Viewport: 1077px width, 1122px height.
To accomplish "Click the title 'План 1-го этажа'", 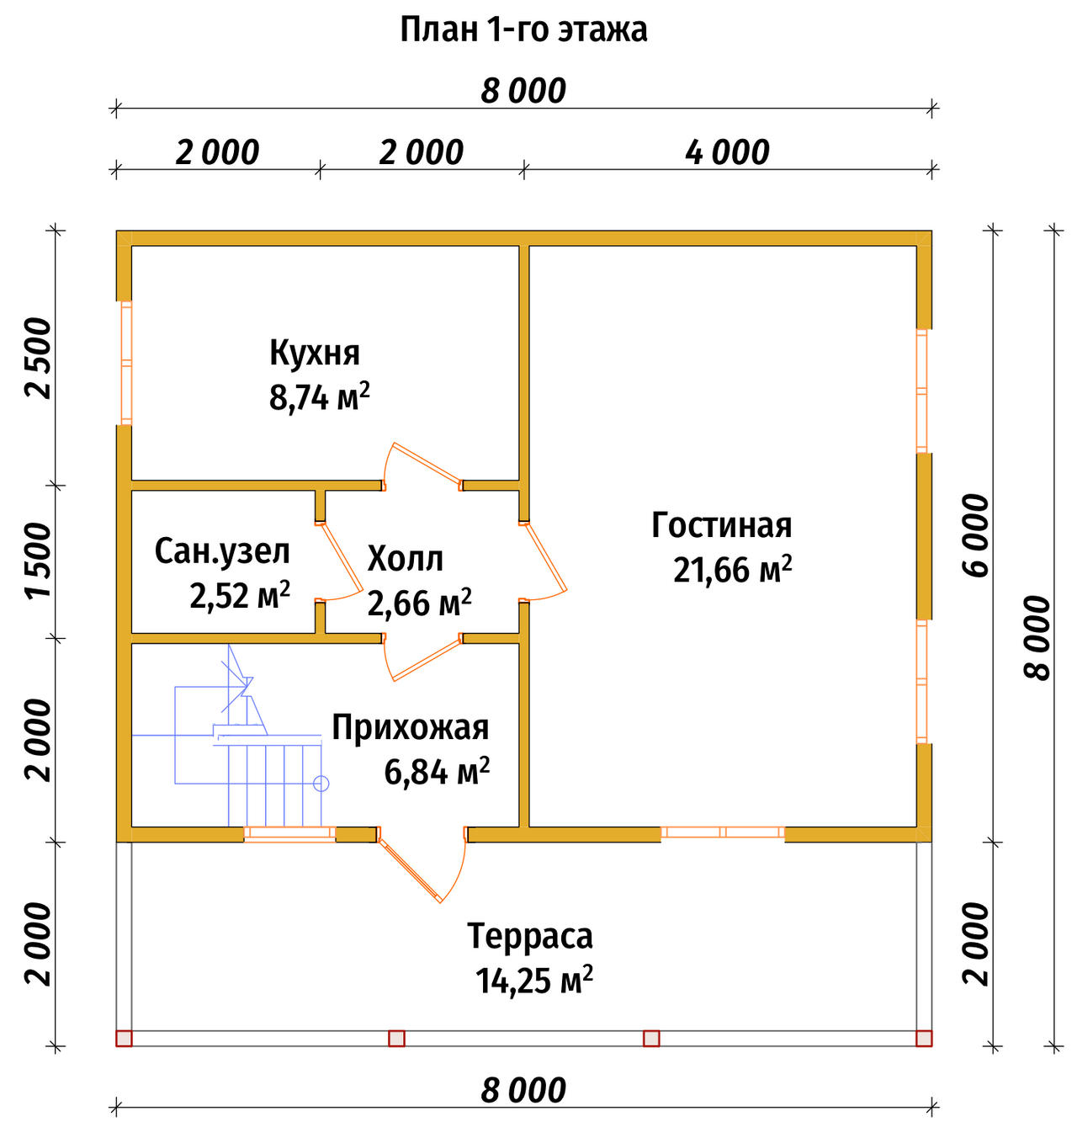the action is tap(523, 30).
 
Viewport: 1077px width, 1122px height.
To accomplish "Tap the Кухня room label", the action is tap(315, 352).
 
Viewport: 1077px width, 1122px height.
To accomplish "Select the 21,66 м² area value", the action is tap(732, 569).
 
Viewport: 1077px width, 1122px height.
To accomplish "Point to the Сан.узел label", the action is tap(222, 552).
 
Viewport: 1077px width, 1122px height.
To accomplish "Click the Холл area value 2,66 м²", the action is tap(420, 603).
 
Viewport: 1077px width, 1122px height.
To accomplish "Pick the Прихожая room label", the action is tap(411, 727).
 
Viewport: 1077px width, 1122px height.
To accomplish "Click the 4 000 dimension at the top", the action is tap(727, 153).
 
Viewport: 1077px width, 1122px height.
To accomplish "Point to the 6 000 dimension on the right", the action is tap(975, 535).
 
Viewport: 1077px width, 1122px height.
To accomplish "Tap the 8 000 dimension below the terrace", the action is tap(523, 1090).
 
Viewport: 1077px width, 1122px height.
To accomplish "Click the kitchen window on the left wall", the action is tap(126, 363).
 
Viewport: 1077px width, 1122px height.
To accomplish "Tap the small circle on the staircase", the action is tap(321, 784).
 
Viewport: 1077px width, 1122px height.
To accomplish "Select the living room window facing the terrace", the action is tap(722, 832).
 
